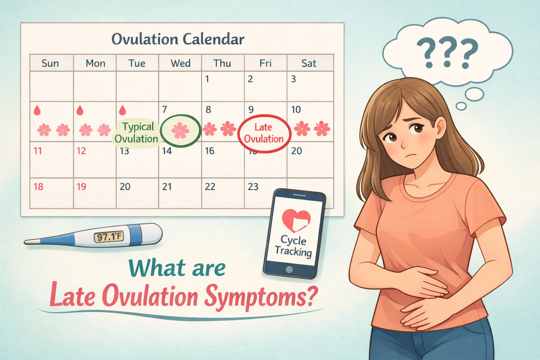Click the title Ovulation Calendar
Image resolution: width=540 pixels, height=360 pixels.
click(x=178, y=39)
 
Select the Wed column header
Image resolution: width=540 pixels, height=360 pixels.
click(x=180, y=63)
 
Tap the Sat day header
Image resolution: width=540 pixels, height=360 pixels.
click(x=309, y=63)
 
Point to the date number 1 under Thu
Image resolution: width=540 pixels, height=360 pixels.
click(x=207, y=79)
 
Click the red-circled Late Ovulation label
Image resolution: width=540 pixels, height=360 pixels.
click(x=264, y=133)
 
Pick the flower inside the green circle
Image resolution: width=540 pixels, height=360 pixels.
click(x=180, y=130)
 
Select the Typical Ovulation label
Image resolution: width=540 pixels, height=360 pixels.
click(x=137, y=133)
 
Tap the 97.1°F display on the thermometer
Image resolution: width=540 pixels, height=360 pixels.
click(x=109, y=237)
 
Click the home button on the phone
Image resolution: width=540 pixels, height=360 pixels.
click(x=289, y=270)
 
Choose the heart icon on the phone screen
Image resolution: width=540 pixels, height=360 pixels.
click(x=296, y=220)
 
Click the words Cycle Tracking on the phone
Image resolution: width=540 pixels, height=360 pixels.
click(x=294, y=246)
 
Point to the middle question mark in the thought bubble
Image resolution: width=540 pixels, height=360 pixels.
click(x=447, y=53)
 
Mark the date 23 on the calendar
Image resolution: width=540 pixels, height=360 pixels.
click(x=253, y=187)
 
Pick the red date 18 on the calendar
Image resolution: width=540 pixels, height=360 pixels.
click(x=38, y=187)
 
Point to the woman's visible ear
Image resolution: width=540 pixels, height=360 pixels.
click(x=440, y=127)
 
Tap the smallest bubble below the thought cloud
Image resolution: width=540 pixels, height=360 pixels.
click(x=461, y=106)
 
